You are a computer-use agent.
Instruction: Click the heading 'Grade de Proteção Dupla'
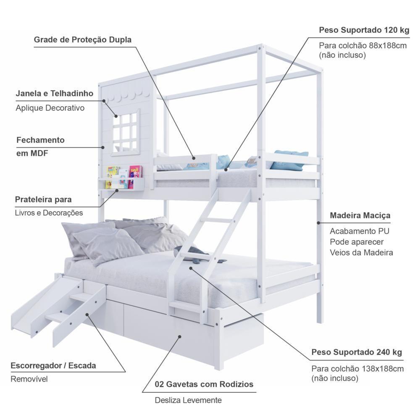82,39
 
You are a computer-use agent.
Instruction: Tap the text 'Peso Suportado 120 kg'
364,30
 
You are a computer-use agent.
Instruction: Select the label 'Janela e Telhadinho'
54,93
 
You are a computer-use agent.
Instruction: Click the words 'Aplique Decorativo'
50,108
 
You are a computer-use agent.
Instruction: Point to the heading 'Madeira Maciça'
360,215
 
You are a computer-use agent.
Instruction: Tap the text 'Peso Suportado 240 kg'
357,352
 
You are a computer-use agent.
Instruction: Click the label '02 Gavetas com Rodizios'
204,384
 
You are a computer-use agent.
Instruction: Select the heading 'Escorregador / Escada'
53,365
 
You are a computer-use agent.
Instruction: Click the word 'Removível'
29,379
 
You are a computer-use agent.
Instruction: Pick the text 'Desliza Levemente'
188,400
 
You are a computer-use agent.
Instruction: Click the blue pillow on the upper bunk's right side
289,160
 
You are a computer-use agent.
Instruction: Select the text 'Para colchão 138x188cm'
357,369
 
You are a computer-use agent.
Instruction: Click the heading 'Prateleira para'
43,199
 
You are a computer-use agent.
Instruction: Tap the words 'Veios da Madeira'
361,252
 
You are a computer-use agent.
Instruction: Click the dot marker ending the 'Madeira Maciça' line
318,223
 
